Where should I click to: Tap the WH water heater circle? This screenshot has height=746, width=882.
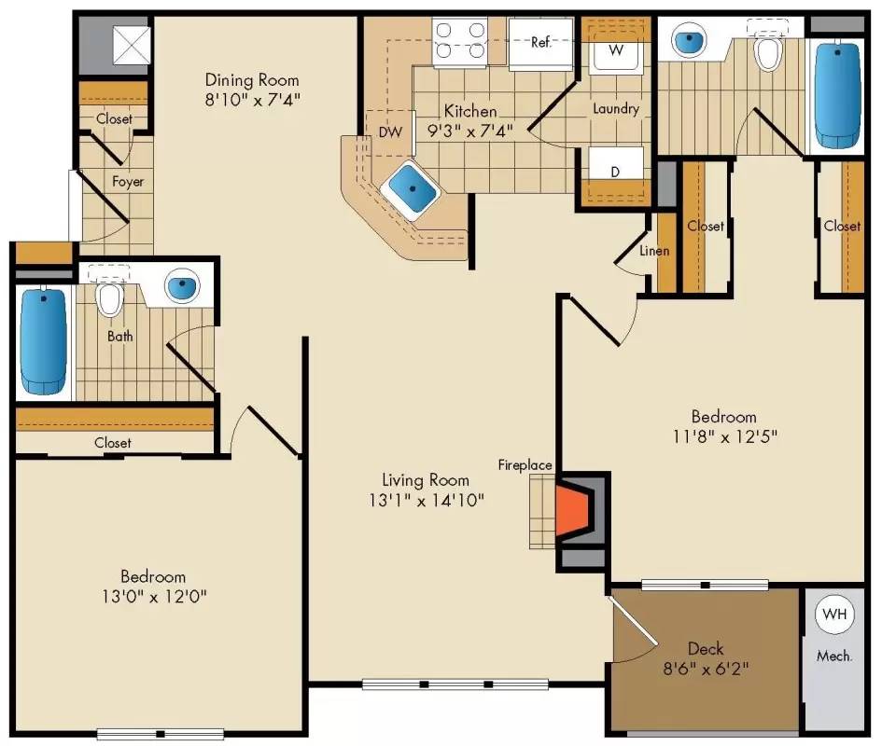(x=833, y=615)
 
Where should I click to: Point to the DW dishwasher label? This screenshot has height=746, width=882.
(x=390, y=132)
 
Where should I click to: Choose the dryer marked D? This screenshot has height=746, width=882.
(x=615, y=173)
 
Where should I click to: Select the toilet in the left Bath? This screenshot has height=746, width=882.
(x=110, y=297)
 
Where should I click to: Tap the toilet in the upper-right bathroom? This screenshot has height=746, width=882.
(x=768, y=51)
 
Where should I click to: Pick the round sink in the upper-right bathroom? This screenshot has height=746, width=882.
(x=690, y=41)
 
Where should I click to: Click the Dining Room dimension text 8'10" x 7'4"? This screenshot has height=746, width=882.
(x=252, y=97)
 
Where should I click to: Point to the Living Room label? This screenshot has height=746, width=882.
(x=426, y=480)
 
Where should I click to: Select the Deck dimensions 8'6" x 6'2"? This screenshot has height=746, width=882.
(x=706, y=668)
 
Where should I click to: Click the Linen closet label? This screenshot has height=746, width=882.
(x=654, y=251)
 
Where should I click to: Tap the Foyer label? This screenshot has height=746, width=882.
(x=128, y=181)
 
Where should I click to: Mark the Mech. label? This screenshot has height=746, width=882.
(x=833, y=656)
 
